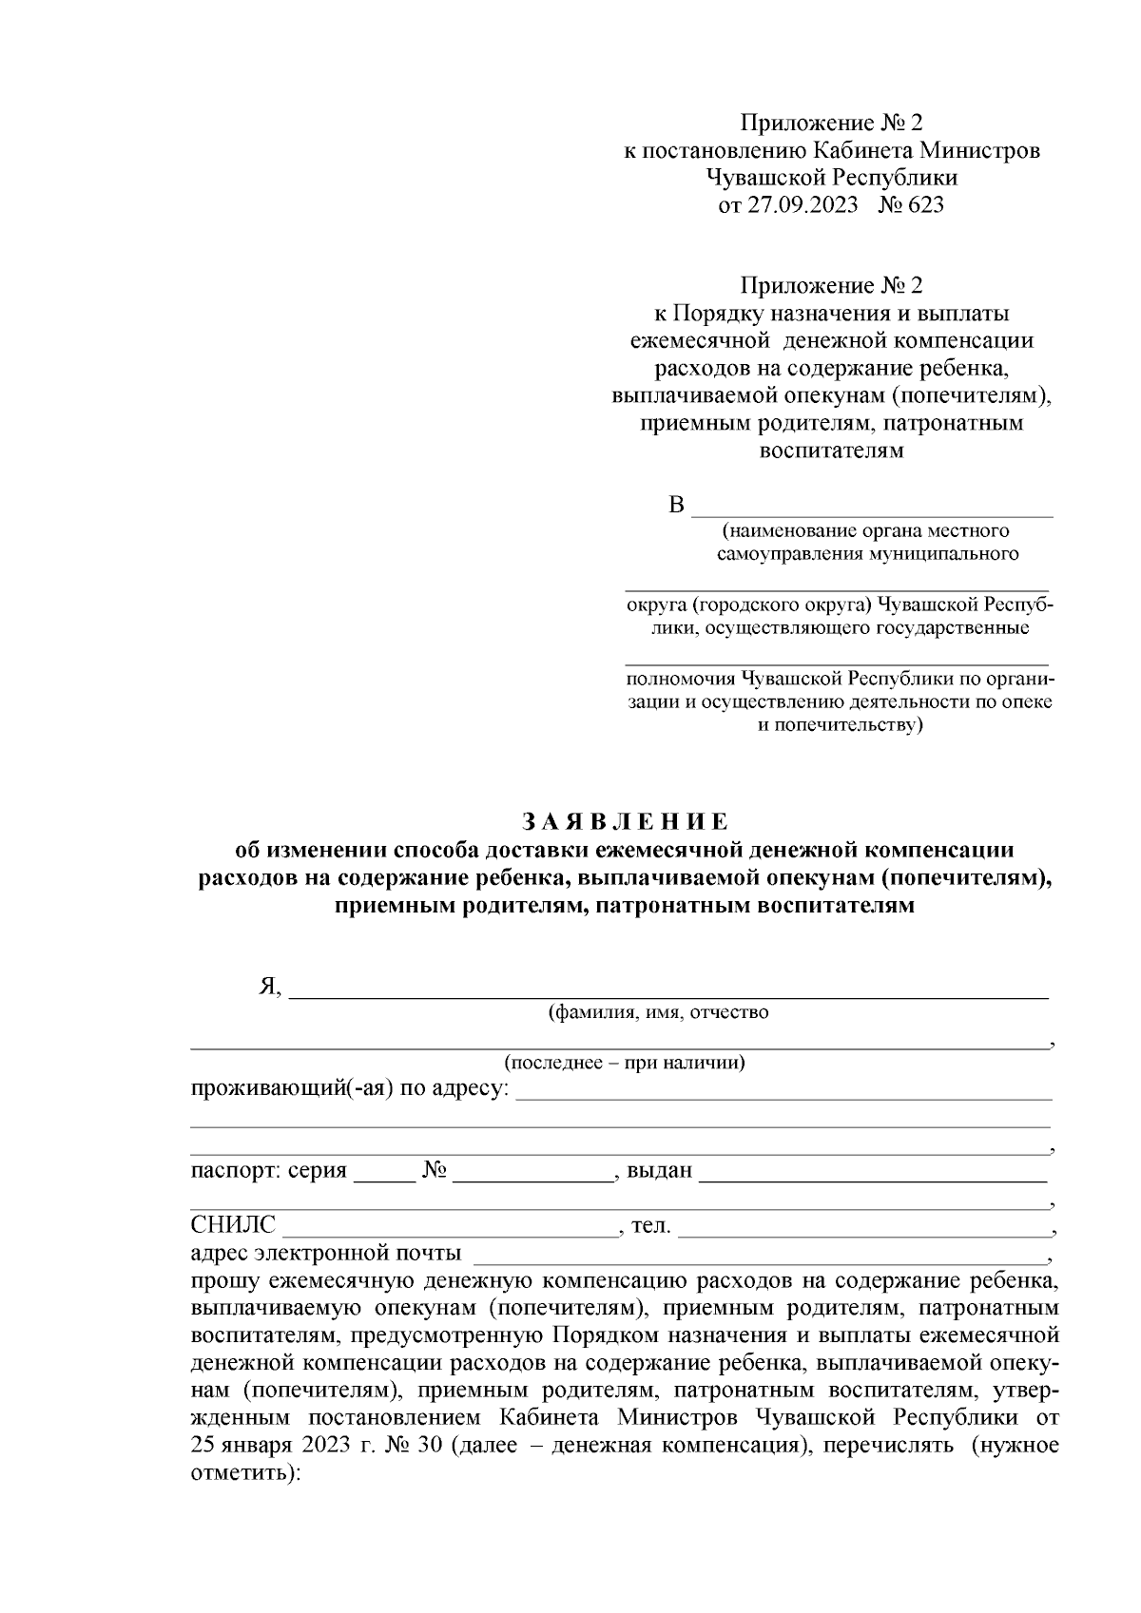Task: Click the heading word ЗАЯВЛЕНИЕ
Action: click(625, 821)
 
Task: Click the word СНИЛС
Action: click(233, 1225)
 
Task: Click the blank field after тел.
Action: click(863, 1227)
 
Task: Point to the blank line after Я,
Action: click(667, 989)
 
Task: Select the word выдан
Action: click(659, 1170)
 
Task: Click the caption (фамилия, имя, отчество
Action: click(658, 1013)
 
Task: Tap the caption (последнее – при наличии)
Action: click(625, 1063)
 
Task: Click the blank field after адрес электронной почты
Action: click(757, 1255)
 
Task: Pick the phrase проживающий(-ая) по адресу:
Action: click(349, 1088)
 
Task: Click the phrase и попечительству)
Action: click(839, 726)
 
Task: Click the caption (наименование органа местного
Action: click(864, 530)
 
